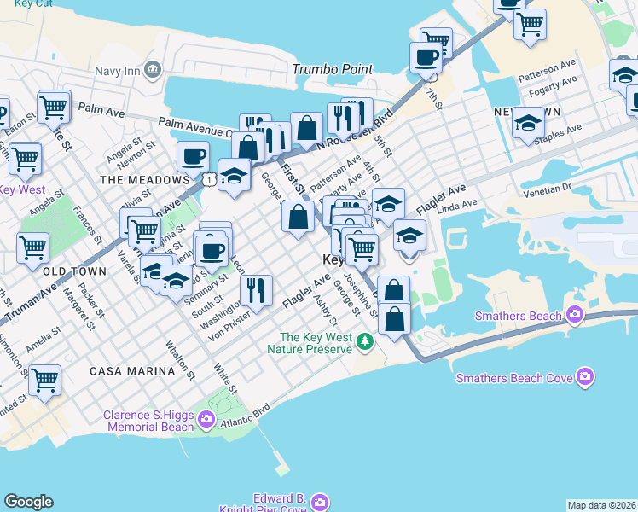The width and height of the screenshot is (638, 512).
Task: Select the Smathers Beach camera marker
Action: tap(575, 316)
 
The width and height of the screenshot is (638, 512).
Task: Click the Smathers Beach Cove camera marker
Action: tap(585, 376)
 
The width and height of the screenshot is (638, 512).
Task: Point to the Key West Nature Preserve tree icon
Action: tap(365, 341)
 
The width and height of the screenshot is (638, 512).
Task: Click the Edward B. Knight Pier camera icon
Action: tap(319, 501)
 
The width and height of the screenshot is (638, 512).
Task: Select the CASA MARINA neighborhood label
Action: tap(131, 372)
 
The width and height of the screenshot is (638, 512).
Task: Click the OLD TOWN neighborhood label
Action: tap(74, 271)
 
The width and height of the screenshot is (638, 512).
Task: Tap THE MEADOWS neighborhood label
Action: tap(144, 180)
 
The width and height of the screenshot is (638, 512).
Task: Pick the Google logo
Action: tap(28, 502)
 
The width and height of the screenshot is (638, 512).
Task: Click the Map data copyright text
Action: tap(601, 505)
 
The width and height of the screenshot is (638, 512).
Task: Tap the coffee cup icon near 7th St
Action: tap(426, 58)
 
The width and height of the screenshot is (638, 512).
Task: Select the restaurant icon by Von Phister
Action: tap(256, 290)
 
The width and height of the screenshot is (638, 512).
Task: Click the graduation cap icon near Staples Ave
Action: tap(528, 124)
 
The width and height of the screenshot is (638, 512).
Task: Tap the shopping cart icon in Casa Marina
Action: tap(44, 381)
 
